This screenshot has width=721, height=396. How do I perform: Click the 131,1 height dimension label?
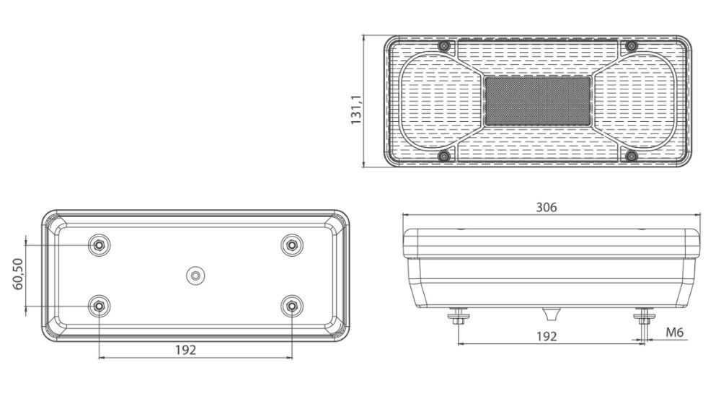[x=357, y=110]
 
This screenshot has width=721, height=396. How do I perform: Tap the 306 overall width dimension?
[x=547, y=208]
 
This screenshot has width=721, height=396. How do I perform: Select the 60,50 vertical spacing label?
[x=19, y=274]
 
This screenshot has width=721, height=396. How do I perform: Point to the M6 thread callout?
[x=675, y=332]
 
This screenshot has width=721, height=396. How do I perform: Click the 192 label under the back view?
[x=186, y=350]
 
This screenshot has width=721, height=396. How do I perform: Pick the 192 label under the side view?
[x=547, y=337]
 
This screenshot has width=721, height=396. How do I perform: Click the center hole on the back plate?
[x=195, y=276]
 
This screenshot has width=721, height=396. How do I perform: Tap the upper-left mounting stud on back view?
[x=99, y=245]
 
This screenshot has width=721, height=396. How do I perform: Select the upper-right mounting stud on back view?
[x=291, y=245]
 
